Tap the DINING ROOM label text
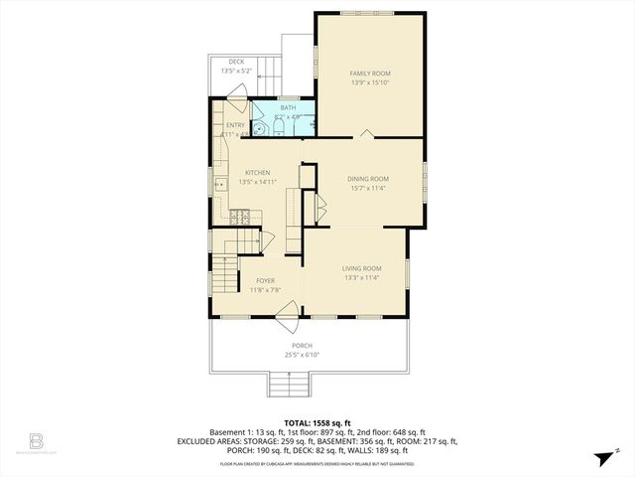(x=367, y=179)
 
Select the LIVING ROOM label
(x=361, y=268)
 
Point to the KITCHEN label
(x=258, y=172)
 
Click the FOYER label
(x=265, y=281)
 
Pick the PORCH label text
(x=302, y=345)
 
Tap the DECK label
(x=236, y=62)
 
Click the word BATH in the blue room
(x=288, y=107)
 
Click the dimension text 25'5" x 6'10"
(x=302, y=355)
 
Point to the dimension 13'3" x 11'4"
(x=361, y=278)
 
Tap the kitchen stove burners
(x=238, y=215)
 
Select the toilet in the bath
(x=259, y=126)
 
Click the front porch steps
(x=289, y=384)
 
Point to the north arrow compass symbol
(x=603, y=456)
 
